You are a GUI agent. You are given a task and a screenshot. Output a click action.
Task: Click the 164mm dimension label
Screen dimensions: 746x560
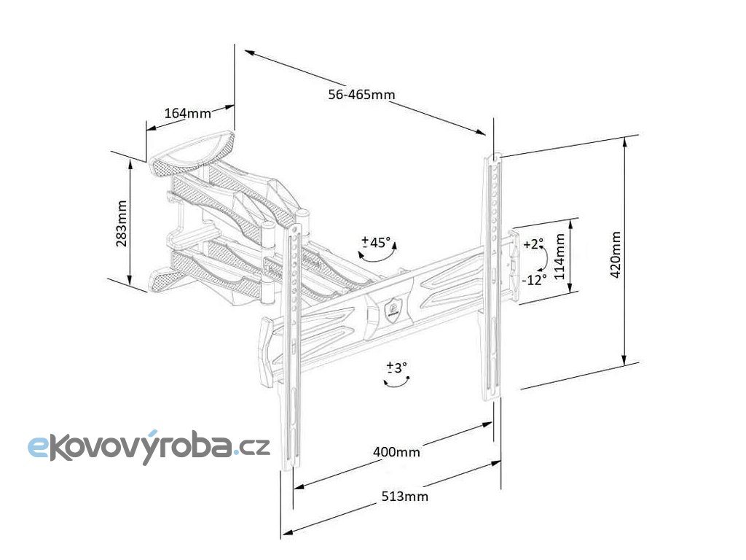pyautogui.click(x=187, y=113)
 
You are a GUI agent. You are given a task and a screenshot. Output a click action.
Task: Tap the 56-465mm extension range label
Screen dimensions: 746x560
pyautogui.click(x=361, y=95)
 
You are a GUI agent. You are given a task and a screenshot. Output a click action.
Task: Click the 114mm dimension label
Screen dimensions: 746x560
pyautogui.click(x=559, y=255)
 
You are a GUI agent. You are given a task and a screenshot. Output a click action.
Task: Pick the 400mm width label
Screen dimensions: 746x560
pyautogui.click(x=396, y=452)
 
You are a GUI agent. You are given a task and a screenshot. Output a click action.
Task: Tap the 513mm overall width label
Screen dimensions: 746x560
pyautogui.click(x=404, y=497)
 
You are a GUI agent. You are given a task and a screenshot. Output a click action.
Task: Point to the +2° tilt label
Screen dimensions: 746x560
pyautogui.click(x=533, y=244)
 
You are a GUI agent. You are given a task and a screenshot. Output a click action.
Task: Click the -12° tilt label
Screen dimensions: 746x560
pyautogui.click(x=534, y=279)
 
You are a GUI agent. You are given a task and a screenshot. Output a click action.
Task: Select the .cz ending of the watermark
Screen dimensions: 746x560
pyautogui.click(x=252, y=444)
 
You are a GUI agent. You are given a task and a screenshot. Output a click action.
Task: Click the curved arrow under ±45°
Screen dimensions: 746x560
pyautogui.click(x=379, y=256)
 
